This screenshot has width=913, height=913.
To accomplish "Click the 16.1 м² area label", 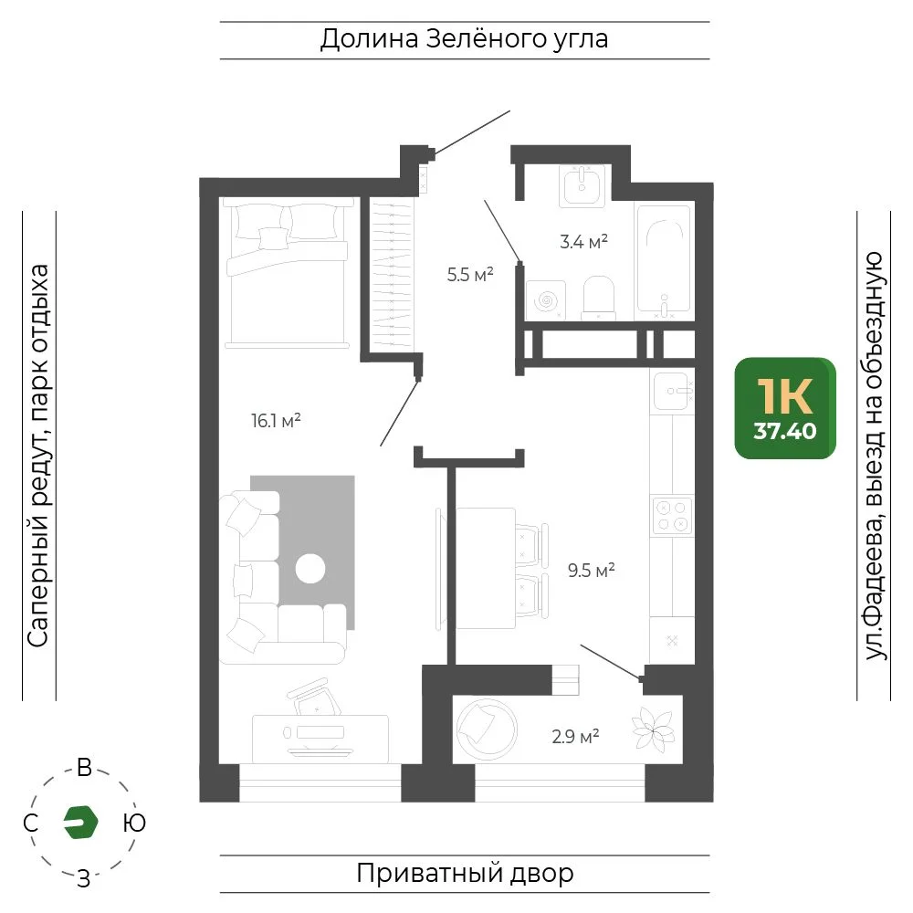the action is click(x=276, y=420).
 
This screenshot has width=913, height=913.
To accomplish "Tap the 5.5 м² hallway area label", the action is click(x=470, y=274).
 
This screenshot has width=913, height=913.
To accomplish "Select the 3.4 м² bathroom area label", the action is click(x=583, y=241).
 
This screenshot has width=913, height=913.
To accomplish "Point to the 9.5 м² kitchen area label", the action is click(x=592, y=570).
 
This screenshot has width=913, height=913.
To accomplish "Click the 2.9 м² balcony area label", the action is click(x=575, y=737).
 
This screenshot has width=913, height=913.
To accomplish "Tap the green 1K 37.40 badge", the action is click(x=785, y=408).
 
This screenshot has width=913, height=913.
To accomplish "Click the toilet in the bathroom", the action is click(x=599, y=298).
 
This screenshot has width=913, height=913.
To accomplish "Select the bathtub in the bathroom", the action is click(x=664, y=258).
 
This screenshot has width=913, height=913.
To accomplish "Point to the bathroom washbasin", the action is click(x=582, y=185).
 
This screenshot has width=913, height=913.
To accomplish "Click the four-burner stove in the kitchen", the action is click(x=672, y=515).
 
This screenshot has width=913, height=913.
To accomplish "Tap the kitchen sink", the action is click(x=673, y=392).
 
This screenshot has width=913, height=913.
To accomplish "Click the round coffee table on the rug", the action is click(x=310, y=568).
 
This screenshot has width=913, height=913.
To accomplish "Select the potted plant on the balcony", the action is click(x=654, y=729).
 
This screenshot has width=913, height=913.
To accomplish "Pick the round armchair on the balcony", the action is click(x=487, y=729).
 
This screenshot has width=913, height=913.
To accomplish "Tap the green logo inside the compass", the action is click(x=80, y=823).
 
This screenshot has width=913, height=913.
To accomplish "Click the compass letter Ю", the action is click(x=134, y=823).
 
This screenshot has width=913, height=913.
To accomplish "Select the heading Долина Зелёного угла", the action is click(x=464, y=39).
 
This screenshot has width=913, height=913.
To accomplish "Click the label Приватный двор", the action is click(x=465, y=873).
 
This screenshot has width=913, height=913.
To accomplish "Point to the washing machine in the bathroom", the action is click(x=546, y=300).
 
